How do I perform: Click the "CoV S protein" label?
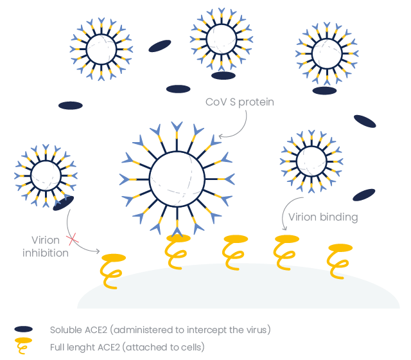click(240, 102)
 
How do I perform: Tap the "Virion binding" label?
click(323, 217)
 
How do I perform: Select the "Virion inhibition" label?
click(46, 246)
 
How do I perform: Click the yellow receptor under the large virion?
click(177, 251)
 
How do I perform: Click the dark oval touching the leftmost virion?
click(63, 204)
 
